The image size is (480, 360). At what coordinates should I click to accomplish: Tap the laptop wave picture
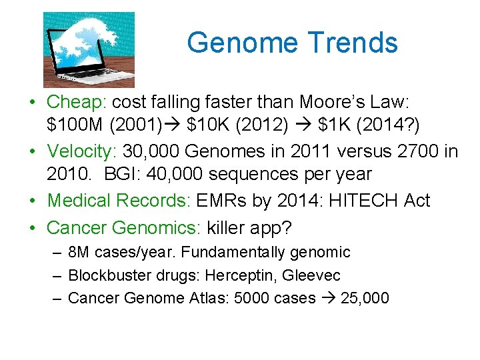[x=89, y=49]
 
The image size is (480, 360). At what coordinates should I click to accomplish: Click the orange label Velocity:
[x=82, y=151]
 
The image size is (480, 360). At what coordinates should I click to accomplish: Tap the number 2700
[x=415, y=151]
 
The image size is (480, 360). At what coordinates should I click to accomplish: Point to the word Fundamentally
[x=234, y=252]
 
